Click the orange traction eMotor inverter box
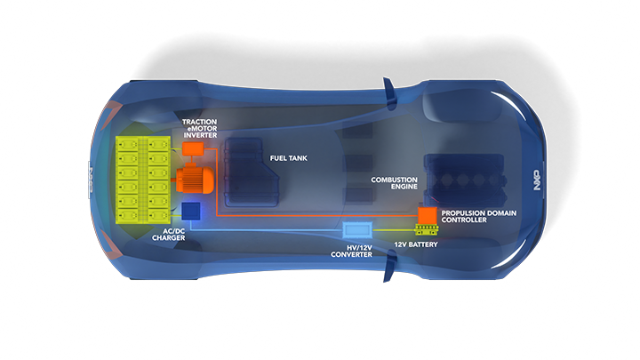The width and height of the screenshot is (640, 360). pos(192,148)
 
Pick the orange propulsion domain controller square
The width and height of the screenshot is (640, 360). pos(428,216)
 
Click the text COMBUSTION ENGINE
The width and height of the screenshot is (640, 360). pos(393,183)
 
